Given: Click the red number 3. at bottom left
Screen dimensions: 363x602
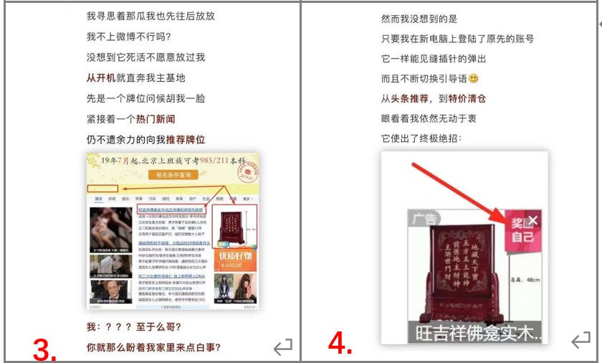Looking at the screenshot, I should pyautogui.click(x=45, y=349).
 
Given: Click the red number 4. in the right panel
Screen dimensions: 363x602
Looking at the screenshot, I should pyautogui.click(x=340, y=345).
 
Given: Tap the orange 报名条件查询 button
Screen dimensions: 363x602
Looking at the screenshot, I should pyautogui.click(x=173, y=175).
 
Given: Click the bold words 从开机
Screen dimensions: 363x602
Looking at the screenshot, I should pyautogui.click(x=101, y=77).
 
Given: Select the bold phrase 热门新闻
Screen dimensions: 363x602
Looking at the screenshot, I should pyautogui.click(x=156, y=118).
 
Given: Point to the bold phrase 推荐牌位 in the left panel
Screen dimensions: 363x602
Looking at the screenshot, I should pyautogui.click(x=186, y=139).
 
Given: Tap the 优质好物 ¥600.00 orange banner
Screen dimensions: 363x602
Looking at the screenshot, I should pyautogui.click(x=235, y=259).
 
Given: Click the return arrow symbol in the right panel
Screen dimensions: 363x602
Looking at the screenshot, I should pyautogui.click(x=582, y=341).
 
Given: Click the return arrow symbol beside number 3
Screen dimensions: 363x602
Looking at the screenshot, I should pyautogui.click(x=283, y=348).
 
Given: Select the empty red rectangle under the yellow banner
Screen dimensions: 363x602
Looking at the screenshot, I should pyautogui.click(x=102, y=188).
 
